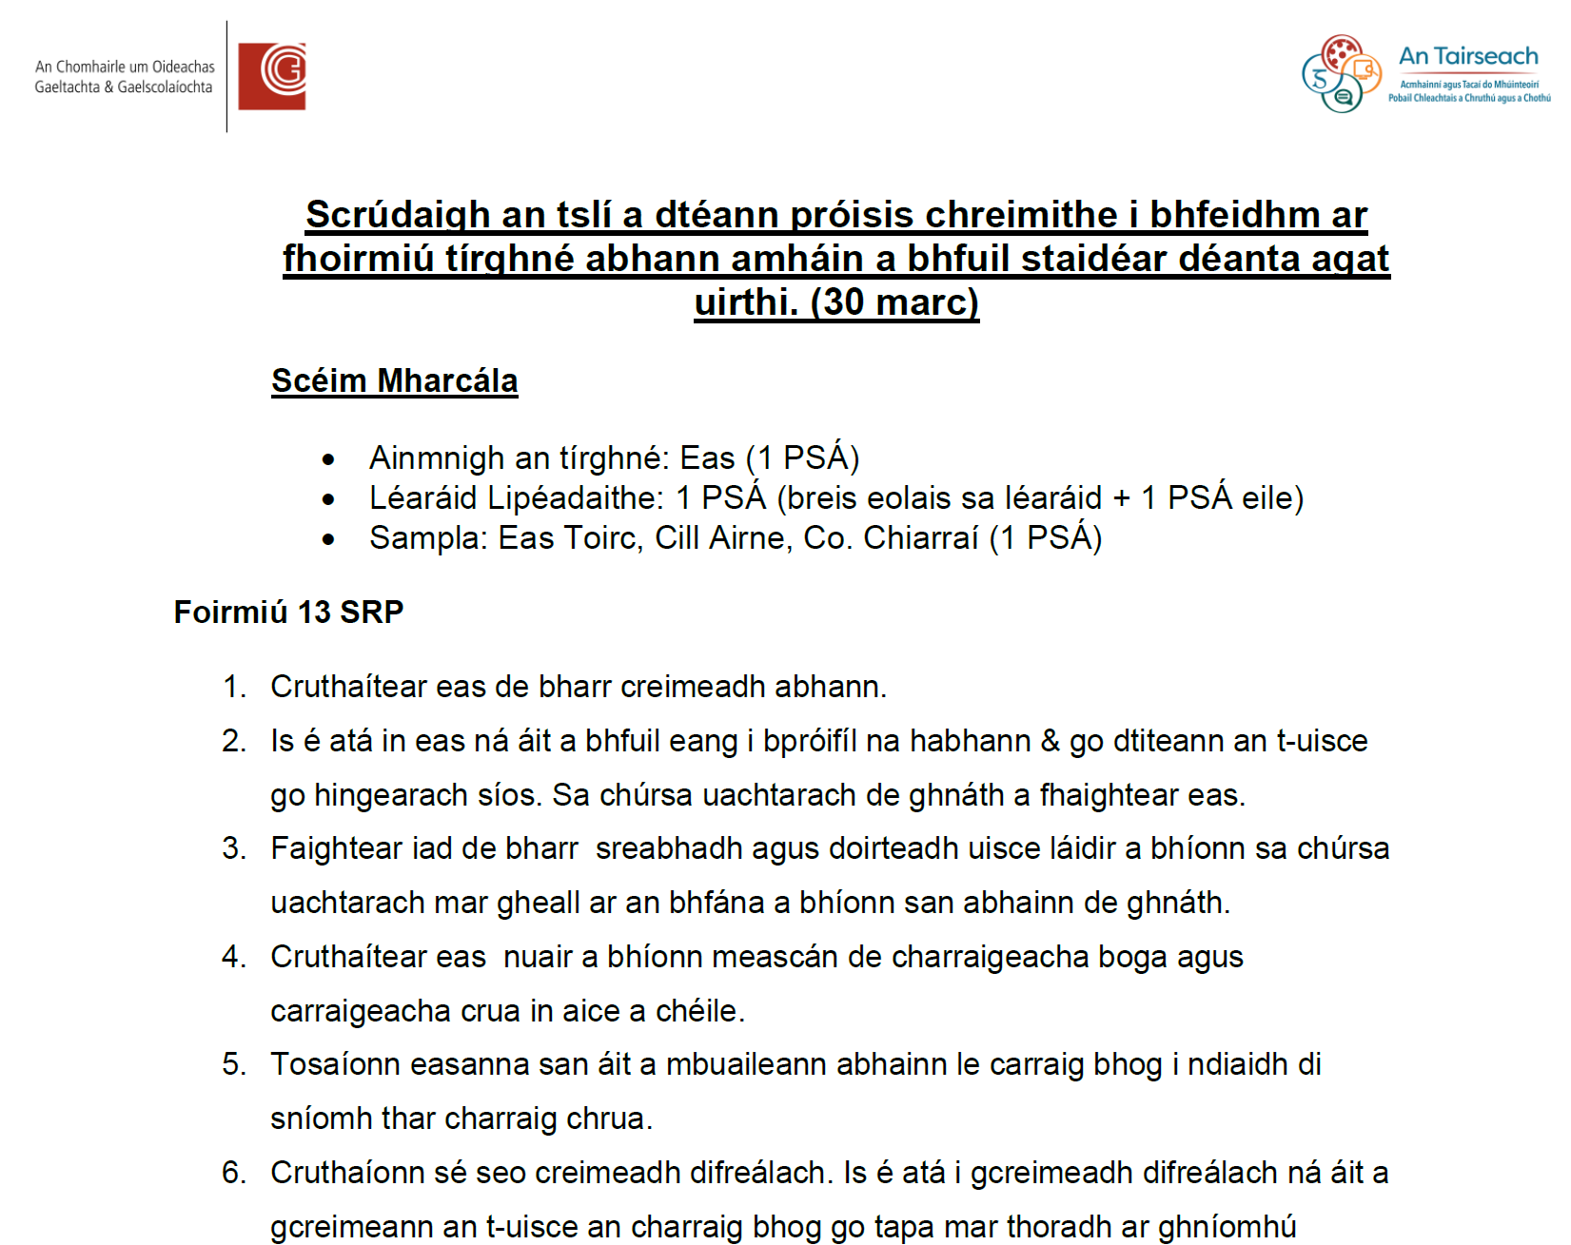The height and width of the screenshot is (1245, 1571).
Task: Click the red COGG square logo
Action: [x=272, y=76]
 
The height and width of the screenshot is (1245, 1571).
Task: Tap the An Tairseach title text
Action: [x=1467, y=57]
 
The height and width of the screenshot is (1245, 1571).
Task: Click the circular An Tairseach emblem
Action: [x=1341, y=74]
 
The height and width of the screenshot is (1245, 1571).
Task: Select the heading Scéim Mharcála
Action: [x=394, y=380]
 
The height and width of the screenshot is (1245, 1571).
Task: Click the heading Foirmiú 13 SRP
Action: [x=288, y=612]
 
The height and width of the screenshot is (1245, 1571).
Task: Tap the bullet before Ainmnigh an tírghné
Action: [x=328, y=460]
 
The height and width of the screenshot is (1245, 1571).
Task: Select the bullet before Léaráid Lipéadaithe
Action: [x=328, y=500]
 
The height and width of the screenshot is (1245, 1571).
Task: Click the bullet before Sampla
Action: [x=328, y=540]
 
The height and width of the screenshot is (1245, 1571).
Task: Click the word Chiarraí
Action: [x=920, y=538]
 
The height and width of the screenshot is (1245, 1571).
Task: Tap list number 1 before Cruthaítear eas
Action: [x=234, y=687]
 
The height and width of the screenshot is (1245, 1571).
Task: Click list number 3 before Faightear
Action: [x=234, y=848]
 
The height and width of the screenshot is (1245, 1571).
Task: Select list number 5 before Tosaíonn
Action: [x=234, y=1064]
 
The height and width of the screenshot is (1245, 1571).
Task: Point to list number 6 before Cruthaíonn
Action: [x=234, y=1173]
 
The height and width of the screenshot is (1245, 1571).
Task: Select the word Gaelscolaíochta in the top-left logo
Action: [x=166, y=88]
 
